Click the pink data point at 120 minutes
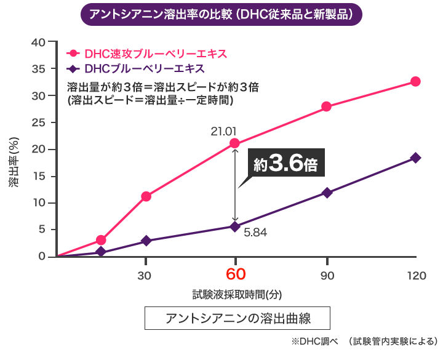click(x=415, y=82)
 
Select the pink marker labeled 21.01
click(x=234, y=143)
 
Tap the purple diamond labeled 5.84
click(x=234, y=226)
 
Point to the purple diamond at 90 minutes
click(x=327, y=193)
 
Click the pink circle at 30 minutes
click(x=146, y=196)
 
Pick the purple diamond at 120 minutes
click(x=415, y=158)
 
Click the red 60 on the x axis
click(x=234, y=274)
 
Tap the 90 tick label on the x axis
click(x=327, y=275)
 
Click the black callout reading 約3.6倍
click(x=285, y=165)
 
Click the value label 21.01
click(x=223, y=130)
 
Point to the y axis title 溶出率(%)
click(x=14, y=166)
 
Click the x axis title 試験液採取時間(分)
click(x=237, y=295)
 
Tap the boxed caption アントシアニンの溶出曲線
click(x=237, y=319)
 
